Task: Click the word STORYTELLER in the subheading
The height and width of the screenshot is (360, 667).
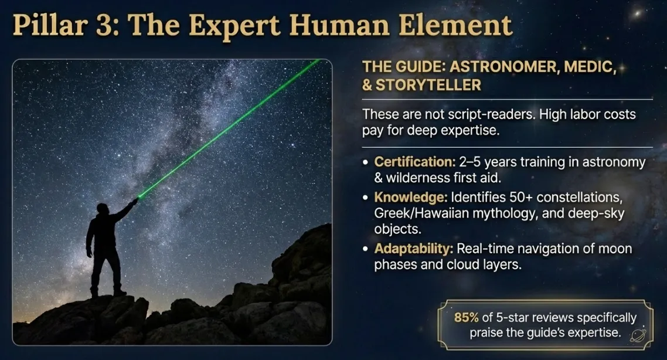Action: coord(428,84)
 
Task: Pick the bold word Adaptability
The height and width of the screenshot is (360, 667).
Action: coord(413,249)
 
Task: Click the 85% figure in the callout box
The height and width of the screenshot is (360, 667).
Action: coord(467,318)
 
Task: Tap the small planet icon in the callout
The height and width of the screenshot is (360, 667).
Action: coord(638,335)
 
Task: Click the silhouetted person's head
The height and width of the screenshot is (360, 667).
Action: coord(103,209)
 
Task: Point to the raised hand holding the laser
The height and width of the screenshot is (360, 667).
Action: coord(135,201)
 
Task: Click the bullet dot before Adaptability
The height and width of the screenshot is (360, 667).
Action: coord(366,249)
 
